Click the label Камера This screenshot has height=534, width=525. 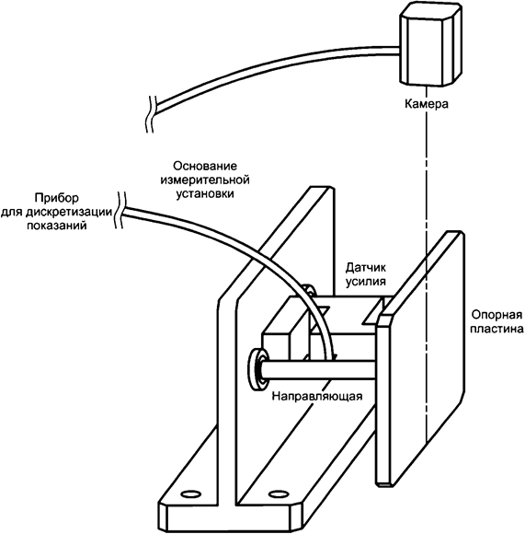tap(426, 105)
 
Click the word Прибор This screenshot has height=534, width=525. tap(56, 198)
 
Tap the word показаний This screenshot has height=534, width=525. tap(56, 226)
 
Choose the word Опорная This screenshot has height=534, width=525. tap(493, 312)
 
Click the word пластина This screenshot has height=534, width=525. tap(493, 327)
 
